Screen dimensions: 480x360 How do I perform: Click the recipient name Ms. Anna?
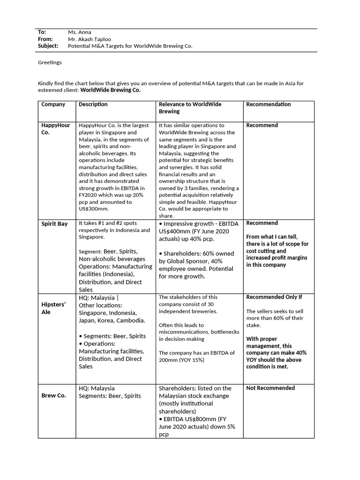(80, 32)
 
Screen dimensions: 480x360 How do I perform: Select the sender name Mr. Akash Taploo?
(90, 39)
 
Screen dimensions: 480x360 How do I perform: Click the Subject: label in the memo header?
(48, 46)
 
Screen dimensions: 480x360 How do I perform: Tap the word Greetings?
(50, 62)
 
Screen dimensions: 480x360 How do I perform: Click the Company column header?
(53, 105)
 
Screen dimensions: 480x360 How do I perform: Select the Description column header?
(93, 105)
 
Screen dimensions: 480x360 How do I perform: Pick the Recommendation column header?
(268, 105)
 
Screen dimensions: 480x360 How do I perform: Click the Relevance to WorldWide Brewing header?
(190, 108)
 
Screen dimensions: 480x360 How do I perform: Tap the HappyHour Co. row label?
(56, 129)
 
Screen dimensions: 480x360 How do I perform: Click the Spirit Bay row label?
(54, 224)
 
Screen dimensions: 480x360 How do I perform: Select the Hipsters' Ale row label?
(53, 308)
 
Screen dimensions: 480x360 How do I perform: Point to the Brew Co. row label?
(53, 396)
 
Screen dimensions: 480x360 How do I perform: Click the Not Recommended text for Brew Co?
(270, 388)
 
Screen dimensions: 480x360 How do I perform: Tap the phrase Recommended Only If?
(274, 297)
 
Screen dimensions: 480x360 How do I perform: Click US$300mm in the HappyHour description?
(93, 209)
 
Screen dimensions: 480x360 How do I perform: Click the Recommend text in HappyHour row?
(262, 126)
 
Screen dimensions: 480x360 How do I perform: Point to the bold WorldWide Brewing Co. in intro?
(110, 90)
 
